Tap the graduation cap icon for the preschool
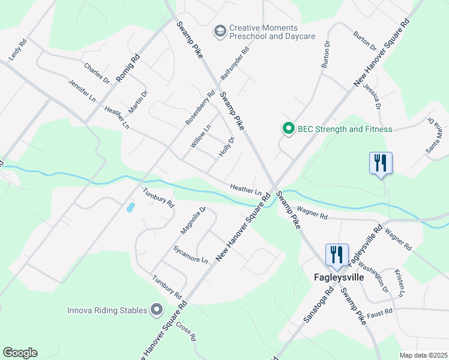coord(220,29)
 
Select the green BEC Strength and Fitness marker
coord(289,129)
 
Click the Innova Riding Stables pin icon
coord(157,310)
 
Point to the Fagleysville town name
coord(338,277)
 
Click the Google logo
coord(20,352)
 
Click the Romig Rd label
coord(127,67)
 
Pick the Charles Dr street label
coord(97,74)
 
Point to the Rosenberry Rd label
coord(200,107)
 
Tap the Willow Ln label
coord(201,136)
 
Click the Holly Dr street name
coord(226,147)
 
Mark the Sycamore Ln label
coord(190,254)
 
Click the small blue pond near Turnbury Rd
coord(130,208)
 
